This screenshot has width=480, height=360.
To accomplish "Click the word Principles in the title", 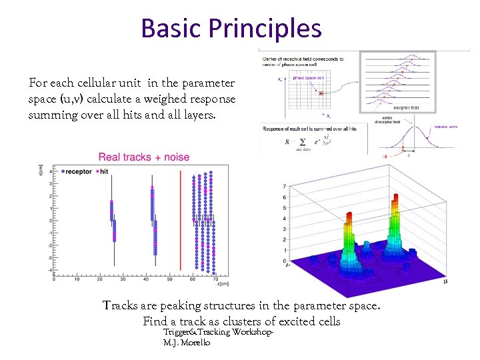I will [265, 28].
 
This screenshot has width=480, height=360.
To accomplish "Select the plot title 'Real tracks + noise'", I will [144, 157].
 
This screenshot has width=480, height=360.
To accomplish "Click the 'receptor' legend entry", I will [78, 171].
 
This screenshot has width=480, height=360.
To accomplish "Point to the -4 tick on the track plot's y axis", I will [51, 269].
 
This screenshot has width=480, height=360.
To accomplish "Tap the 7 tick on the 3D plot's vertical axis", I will [285, 186].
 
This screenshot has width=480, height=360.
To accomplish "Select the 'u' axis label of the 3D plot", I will [445, 283].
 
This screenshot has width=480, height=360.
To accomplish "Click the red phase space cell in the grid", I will [321, 93].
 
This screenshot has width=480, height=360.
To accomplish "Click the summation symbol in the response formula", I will [302, 141].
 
